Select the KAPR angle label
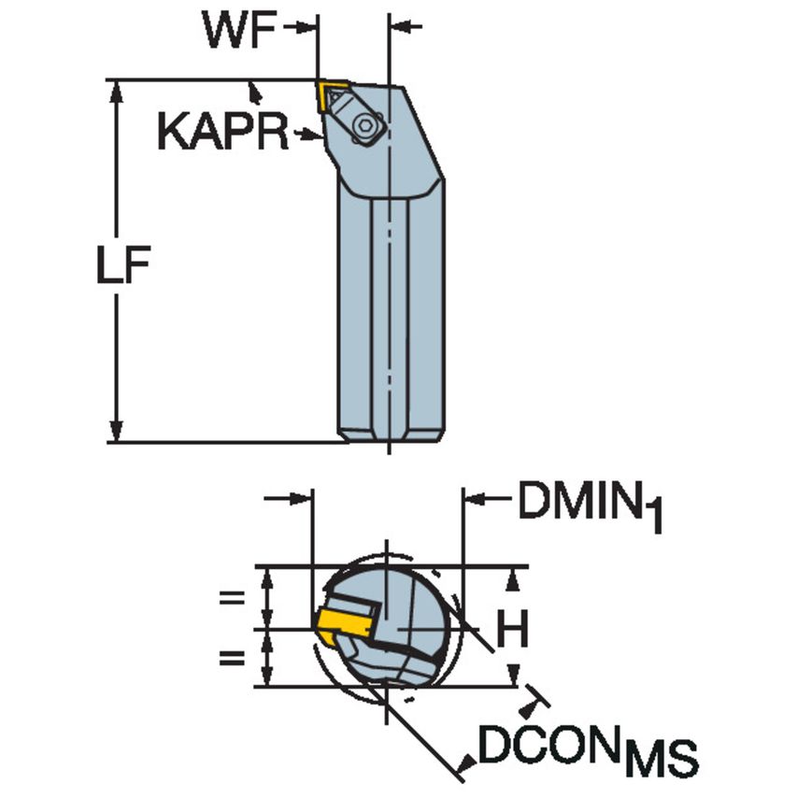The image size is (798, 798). [222, 134]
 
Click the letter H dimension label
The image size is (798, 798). [511, 631]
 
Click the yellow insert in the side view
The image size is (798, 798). [332, 94]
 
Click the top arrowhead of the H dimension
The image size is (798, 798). [512, 579]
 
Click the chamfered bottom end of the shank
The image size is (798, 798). [390, 435]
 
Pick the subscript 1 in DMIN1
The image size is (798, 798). [656, 520]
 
